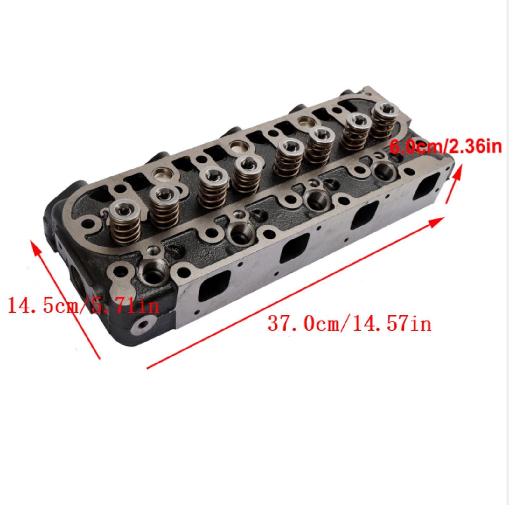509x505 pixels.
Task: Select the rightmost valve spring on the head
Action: [x=385, y=121]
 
